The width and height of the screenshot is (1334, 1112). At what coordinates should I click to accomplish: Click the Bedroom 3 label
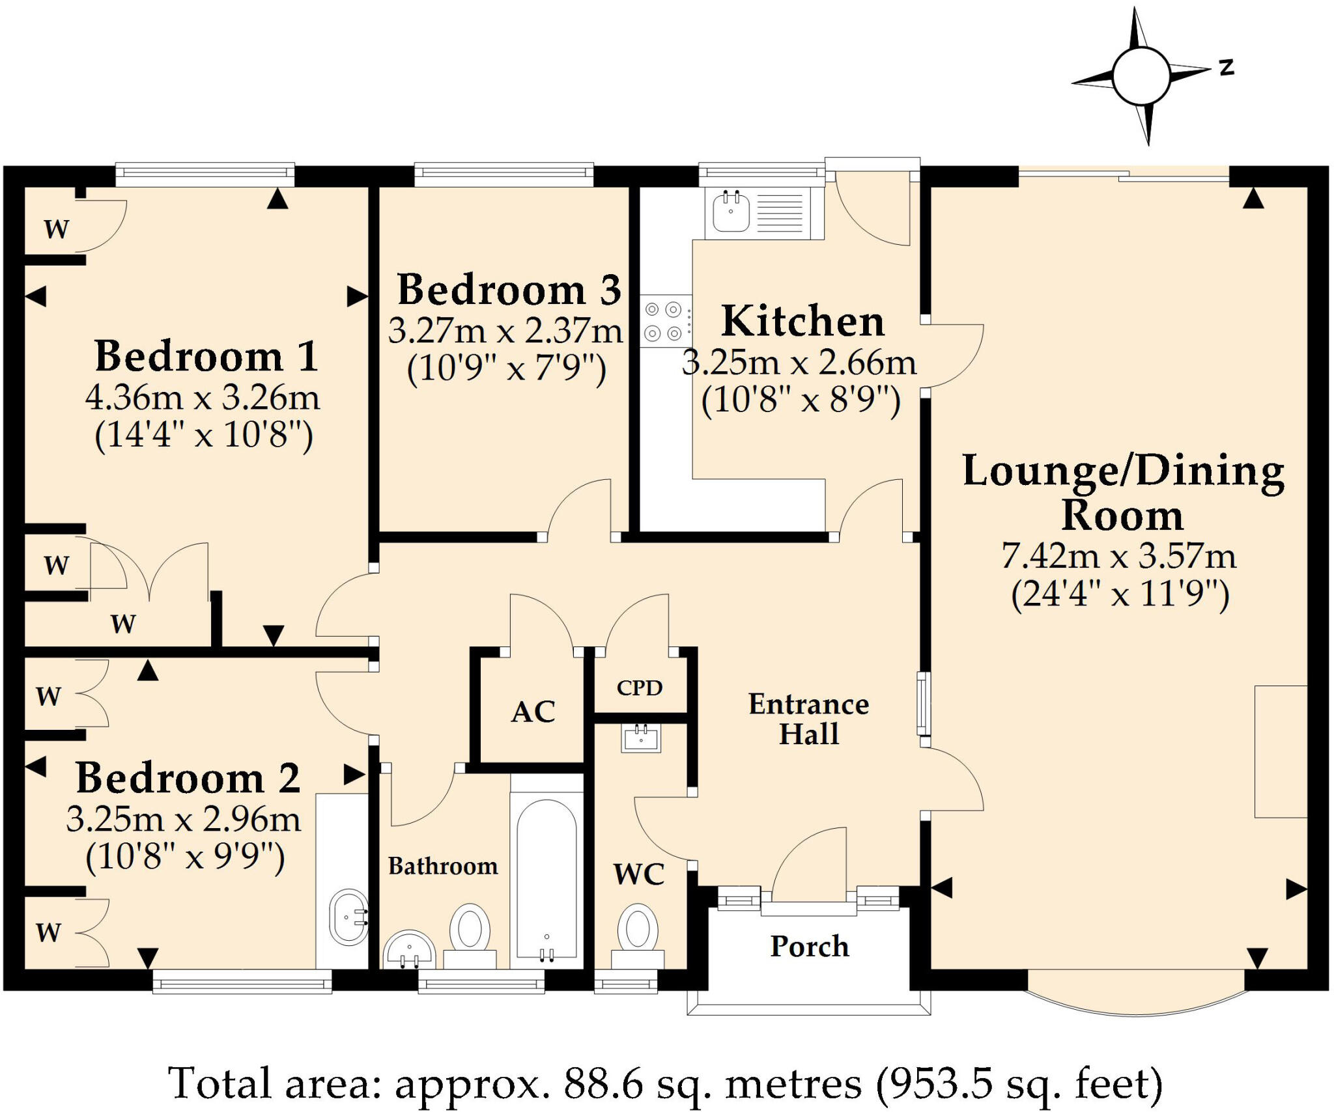[509, 290]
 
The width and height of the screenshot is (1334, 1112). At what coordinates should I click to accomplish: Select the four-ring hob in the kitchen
[665, 320]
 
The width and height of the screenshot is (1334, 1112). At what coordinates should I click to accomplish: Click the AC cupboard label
[533, 712]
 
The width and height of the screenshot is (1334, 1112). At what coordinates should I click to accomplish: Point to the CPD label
[640, 688]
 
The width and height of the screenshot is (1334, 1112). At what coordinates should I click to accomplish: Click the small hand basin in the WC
[641, 738]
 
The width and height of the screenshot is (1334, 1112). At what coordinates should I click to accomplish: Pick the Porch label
[810, 947]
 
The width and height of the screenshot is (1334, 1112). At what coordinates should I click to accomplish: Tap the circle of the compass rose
[1141, 76]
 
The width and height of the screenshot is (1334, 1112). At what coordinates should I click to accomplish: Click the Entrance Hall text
[809, 719]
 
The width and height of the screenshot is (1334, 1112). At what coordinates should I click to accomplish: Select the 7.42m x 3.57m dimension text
[1119, 555]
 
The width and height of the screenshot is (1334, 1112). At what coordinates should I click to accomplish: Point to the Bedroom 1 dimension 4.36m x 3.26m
[203, 397]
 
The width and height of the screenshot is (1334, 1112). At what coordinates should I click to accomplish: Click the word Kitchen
[803, 321]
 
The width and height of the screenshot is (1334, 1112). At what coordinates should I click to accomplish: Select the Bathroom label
[443, 866]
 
